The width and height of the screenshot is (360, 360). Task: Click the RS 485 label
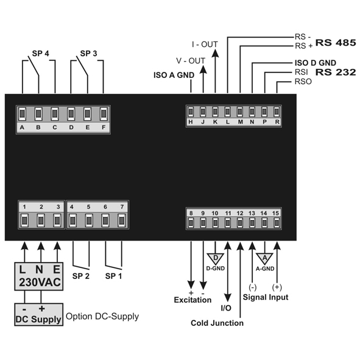(x=336, y=43)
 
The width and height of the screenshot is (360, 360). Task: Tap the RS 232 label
(x=336, y=72)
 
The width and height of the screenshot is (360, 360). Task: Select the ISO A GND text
(x=174, y=75)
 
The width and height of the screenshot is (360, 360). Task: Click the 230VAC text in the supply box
(x=40, y=283)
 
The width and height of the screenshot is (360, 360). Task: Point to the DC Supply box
(x=39, y=314)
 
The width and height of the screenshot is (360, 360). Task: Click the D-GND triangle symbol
(x=216, y=259)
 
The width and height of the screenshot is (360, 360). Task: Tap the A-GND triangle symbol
(x=265, y=259)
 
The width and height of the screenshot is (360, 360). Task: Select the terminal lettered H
(x=191, y=112)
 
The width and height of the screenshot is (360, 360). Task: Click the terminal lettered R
(x=277, y=112)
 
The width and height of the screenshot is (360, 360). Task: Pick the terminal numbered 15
(x=277, y=222)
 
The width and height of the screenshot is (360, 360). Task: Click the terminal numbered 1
(x=24, y=221)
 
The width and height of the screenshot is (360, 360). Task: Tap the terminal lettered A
(x=22, y=114)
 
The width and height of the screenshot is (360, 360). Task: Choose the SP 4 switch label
(x=41, y=54)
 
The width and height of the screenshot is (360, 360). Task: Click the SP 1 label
(x=113, y=276)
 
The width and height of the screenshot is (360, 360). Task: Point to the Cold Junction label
(x=217, y=323)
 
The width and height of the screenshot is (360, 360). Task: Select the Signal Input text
(x=266, y=297)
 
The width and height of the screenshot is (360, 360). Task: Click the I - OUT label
(x=205, y=44)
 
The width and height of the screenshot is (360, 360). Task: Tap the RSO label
(x=303, y=82)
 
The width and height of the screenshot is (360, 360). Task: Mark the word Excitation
(x=192, y=300)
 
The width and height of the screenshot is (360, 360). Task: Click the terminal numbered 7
(x=122, y=221)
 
